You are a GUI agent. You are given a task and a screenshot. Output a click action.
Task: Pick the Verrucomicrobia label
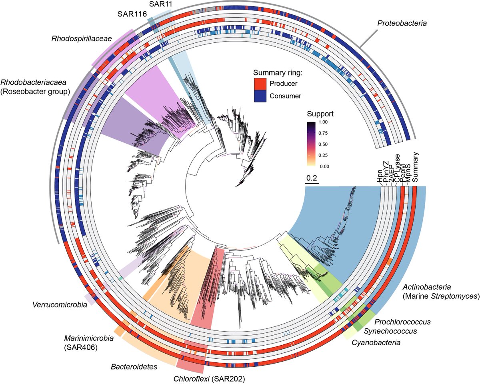tap(60, 305)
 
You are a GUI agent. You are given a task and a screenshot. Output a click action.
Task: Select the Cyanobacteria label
tap(376, 342)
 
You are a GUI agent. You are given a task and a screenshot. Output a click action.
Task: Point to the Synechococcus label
tap(390, 331)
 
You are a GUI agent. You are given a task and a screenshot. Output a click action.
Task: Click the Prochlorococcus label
tap(402, 321)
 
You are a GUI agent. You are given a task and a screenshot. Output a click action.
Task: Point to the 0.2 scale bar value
tap(312, 178)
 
